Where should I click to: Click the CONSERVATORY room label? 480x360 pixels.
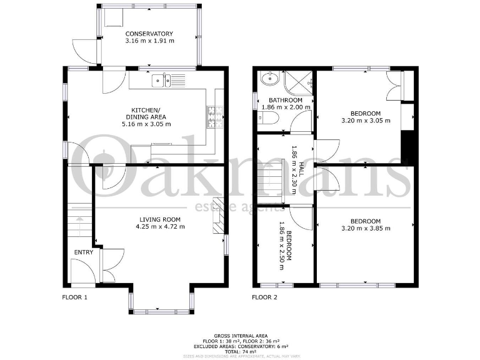click(x=149, y=34)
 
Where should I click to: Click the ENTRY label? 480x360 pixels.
click(x=84, y=252)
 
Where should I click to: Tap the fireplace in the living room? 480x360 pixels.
click(x=217, y=216)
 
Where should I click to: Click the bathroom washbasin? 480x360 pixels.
click(x=270, y=79)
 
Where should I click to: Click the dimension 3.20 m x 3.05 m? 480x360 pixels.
click(x=365, y=121)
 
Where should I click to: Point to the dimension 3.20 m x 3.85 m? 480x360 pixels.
click(x=365, y=229)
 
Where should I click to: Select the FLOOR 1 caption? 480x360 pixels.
click(x=74, y=297)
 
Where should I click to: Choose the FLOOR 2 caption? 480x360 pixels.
click(x=264, y=297)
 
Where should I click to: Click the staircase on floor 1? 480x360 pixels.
click(x=79, y=222)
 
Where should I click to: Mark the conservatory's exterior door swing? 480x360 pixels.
click(x=84, y=50)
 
